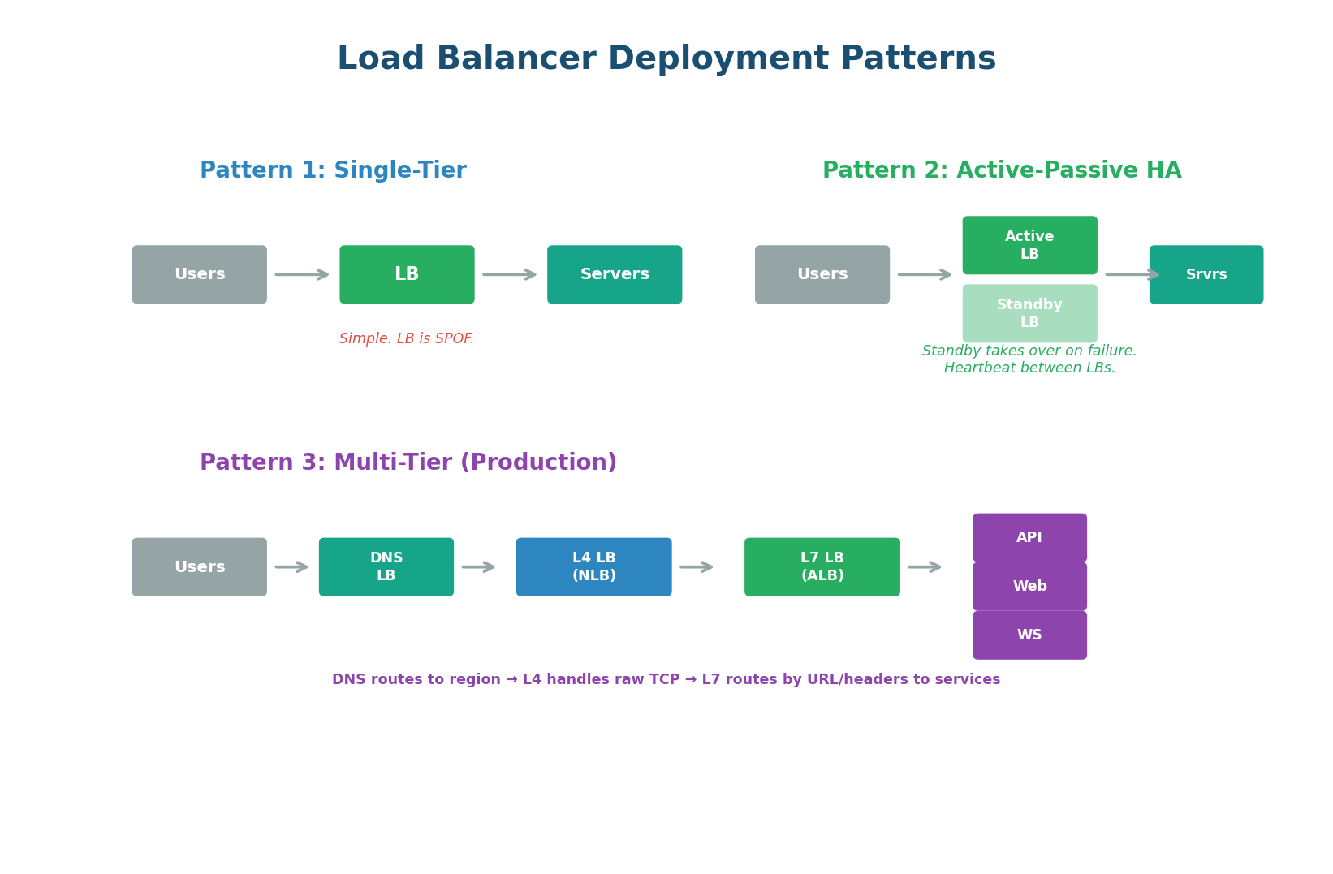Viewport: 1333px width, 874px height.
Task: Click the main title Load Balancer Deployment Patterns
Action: pos(666,59)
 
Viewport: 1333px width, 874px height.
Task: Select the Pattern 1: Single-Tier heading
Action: pos(333,170)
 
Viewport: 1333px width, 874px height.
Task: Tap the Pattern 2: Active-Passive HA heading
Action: pos(1002,170)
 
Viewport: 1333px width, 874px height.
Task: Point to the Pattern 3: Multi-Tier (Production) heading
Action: pos(408,463)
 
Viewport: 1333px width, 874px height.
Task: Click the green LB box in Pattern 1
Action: pos(407,274)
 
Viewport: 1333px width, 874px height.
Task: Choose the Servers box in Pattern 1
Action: pos(615,274)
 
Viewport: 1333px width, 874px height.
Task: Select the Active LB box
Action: pos(1029,245)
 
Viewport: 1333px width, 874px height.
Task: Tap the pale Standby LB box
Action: pos(1029,313)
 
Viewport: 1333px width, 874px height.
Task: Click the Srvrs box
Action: pos(1206,274)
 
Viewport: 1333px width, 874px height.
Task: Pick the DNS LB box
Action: pos(386,566)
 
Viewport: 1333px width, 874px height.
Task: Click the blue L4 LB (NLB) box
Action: pos(593,566)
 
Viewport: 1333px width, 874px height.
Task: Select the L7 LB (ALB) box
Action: pos(822,566)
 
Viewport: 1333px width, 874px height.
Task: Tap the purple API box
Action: pos(1029,537)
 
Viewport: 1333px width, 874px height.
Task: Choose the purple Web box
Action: pos(1029,586)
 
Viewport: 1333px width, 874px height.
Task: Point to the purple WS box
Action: pos(1029,635)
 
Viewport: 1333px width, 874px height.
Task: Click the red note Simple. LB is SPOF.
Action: pos(407,338)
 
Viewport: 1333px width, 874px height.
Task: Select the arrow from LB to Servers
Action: pos(510,274)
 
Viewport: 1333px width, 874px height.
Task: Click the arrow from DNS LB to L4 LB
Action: pos(478,566)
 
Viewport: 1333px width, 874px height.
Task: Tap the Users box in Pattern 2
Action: pos(822,274)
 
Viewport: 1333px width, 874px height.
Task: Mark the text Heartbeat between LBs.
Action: pos(1029,368)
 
